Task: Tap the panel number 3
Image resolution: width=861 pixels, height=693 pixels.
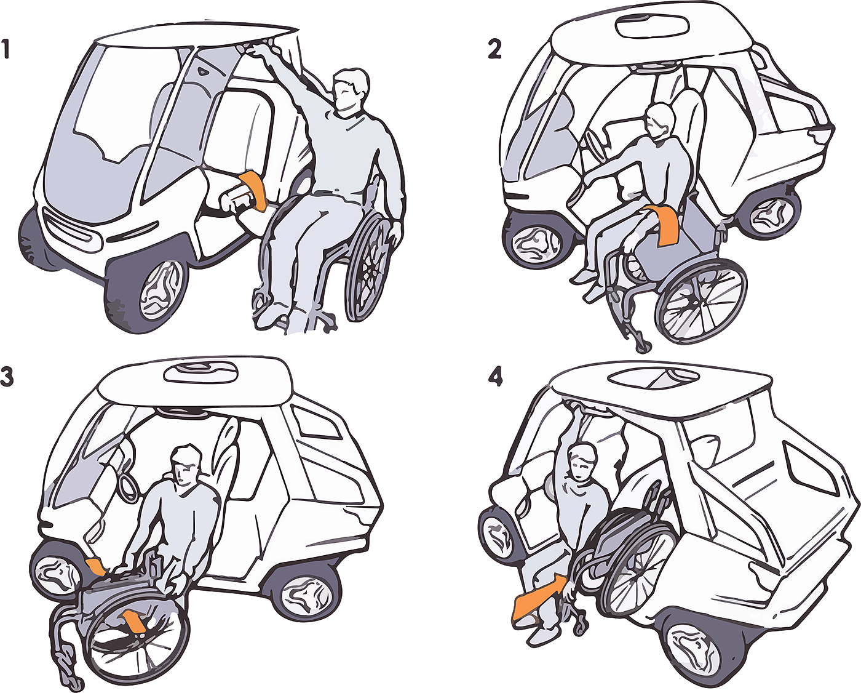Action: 7,378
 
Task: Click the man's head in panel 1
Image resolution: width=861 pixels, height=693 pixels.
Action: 352,91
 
